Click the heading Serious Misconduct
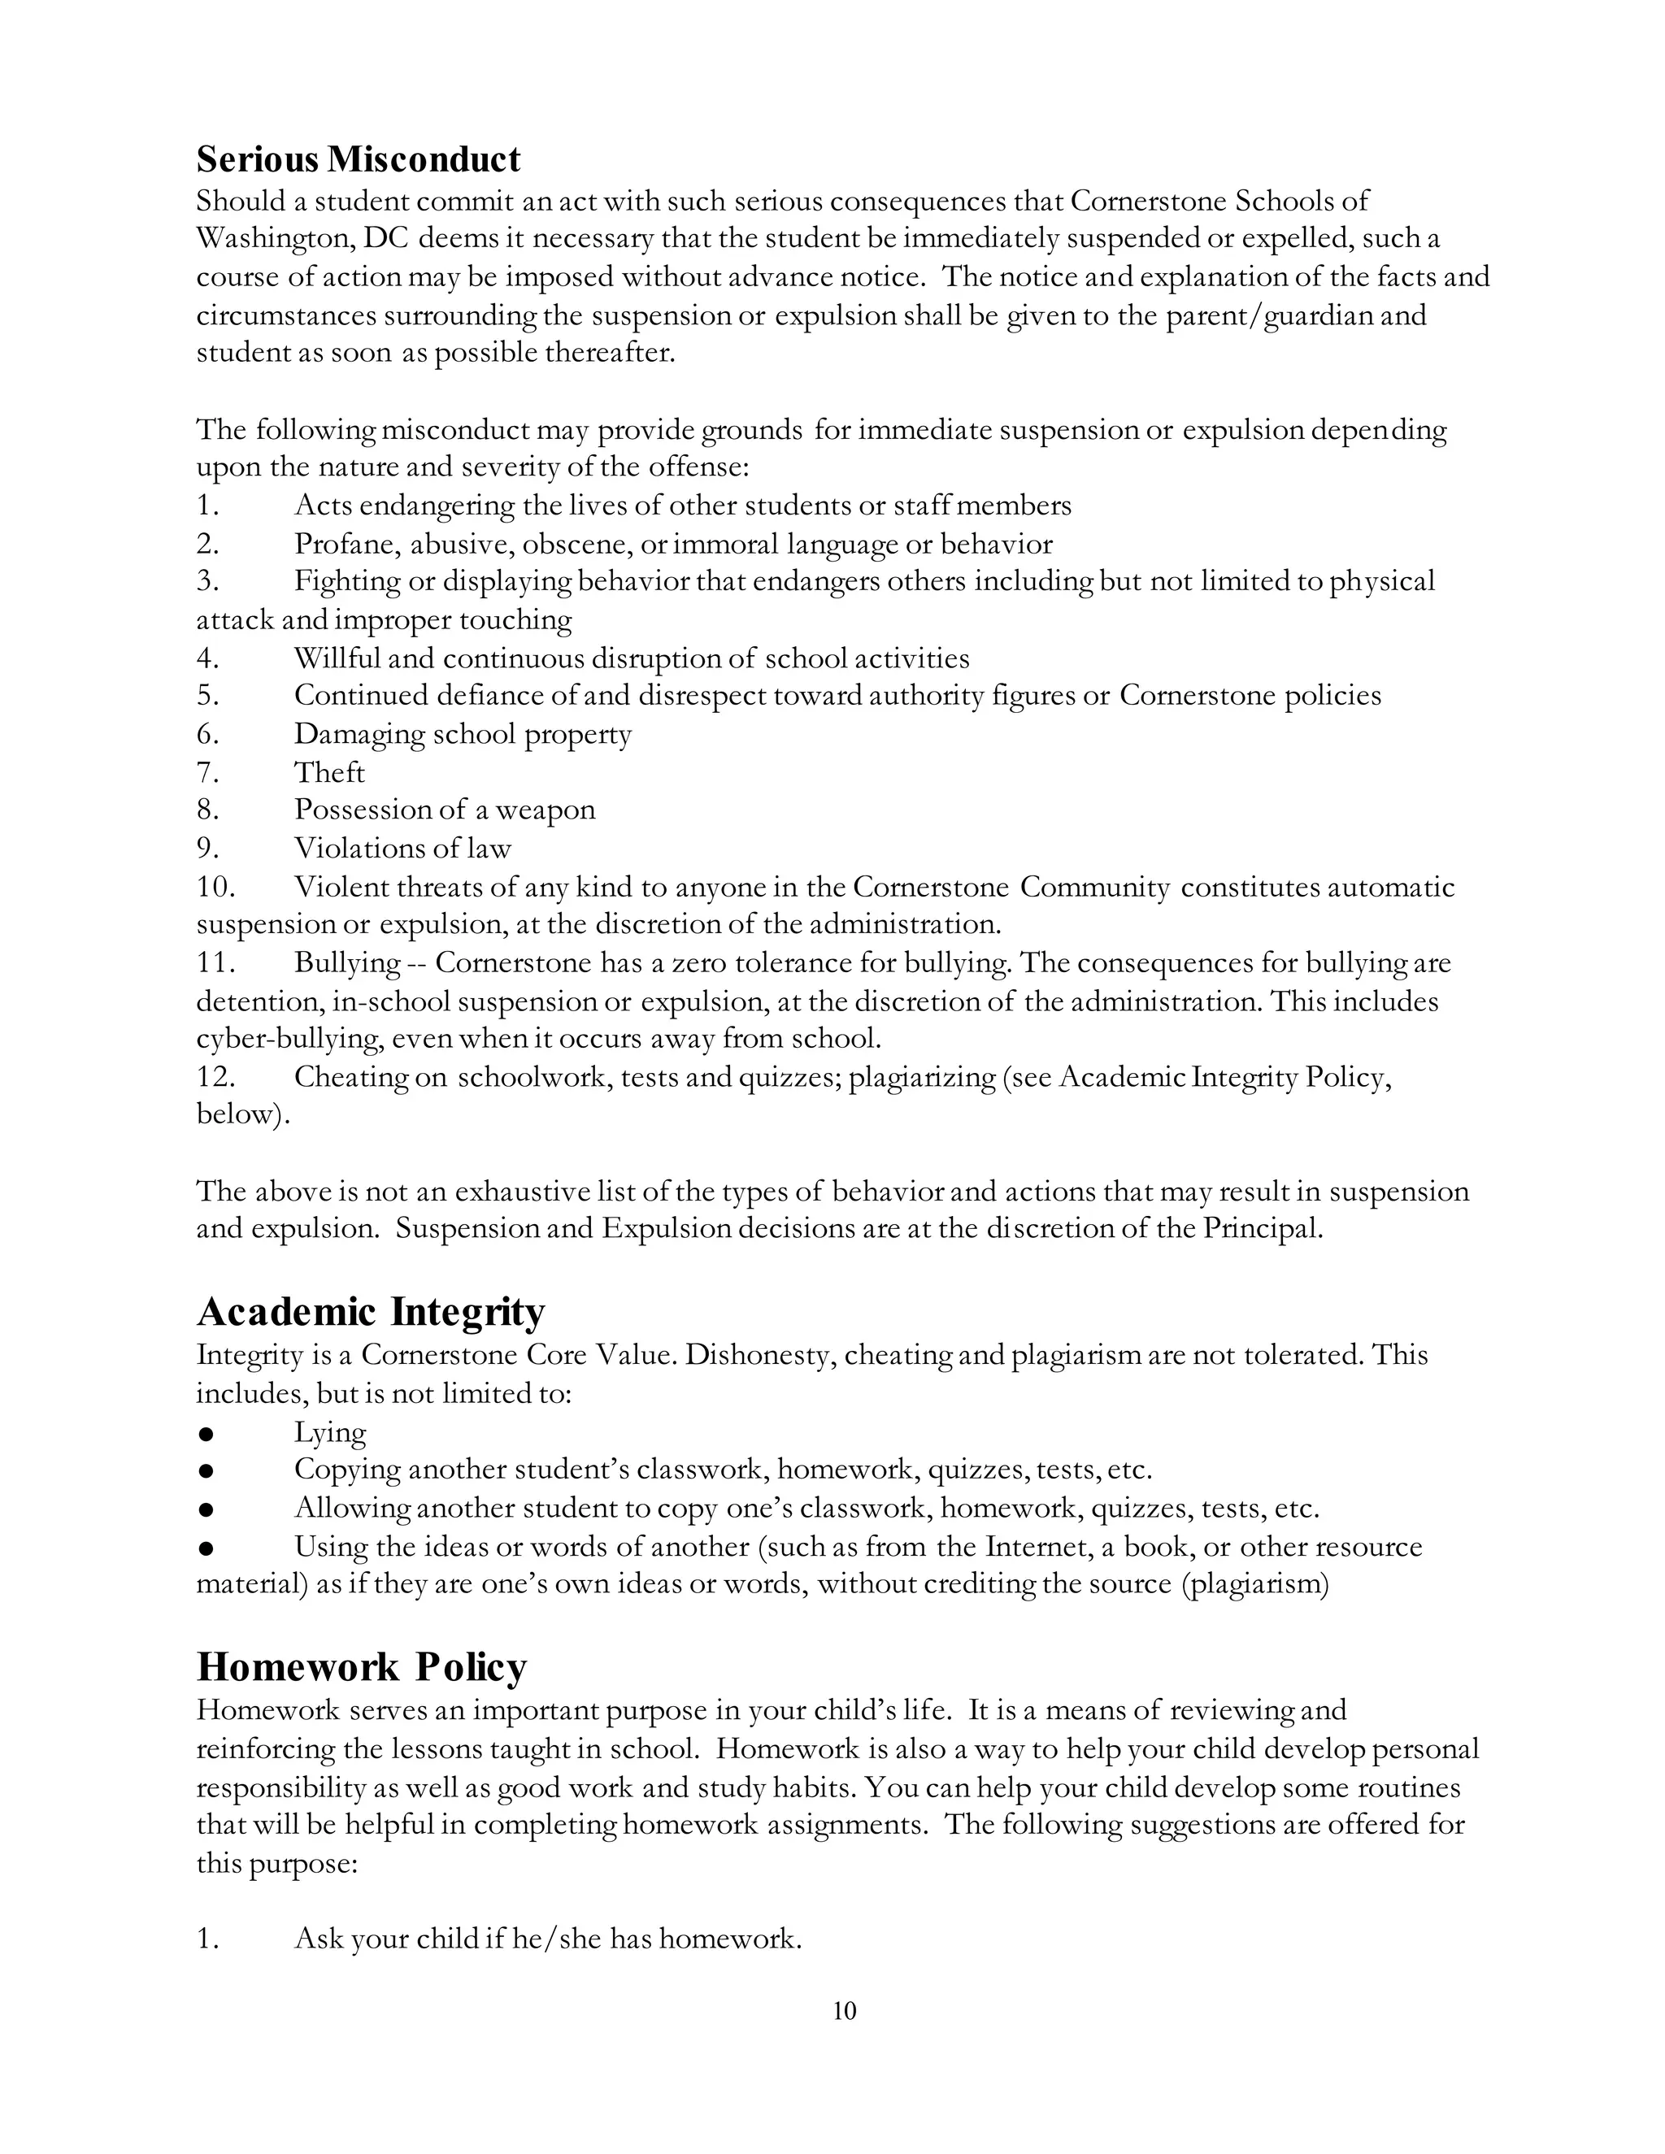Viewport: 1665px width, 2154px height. [358, 159]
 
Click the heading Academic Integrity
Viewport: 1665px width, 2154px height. [370, 1312]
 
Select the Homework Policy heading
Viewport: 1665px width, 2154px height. [361, 1667]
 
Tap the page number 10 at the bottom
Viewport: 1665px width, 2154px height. [845, 2010]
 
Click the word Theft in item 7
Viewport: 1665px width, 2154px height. [329, 772]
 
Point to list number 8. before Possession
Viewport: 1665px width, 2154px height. [207, 810]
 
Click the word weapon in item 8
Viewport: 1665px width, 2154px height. [546, 810]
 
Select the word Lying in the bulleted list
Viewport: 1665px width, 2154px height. [329, 1432]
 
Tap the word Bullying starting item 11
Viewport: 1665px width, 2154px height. [347, 962]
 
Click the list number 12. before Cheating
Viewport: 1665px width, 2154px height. [215, 1077]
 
